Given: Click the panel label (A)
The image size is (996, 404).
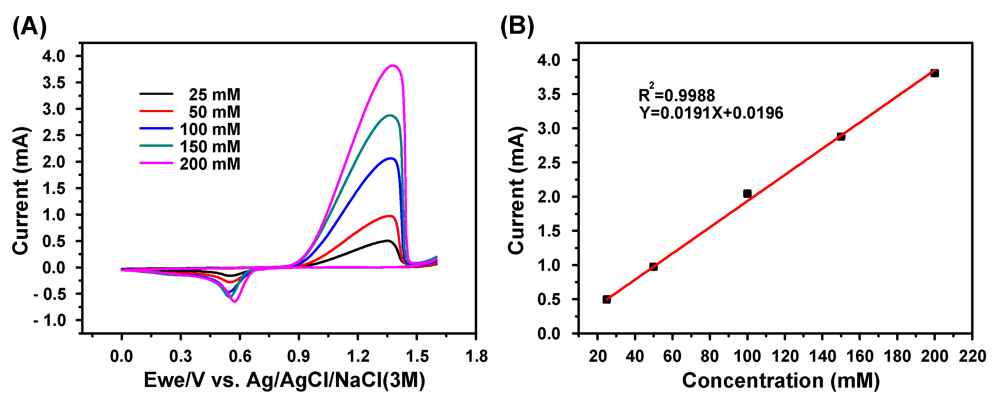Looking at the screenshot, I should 29,27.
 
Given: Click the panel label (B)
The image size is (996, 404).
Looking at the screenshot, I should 517,27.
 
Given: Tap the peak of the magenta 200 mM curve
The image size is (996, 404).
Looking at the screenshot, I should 393,65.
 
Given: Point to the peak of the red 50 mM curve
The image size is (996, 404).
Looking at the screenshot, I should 390,216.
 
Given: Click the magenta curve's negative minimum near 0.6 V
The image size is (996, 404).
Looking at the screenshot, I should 234,301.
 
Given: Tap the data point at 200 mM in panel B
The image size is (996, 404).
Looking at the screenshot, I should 935,73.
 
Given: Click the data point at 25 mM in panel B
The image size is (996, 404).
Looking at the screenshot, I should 607,299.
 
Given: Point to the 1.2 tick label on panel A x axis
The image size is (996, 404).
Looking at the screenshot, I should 358,356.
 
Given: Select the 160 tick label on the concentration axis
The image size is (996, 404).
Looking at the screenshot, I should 860,356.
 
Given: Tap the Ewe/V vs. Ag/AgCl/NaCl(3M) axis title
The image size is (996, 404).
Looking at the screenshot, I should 284,380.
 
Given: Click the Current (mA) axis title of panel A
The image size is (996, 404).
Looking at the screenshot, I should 20,191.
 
